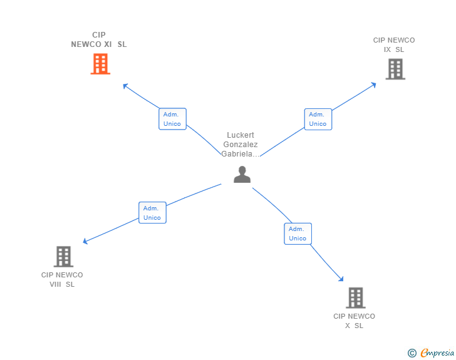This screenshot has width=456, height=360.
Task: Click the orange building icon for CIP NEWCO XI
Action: (x=100, y=64)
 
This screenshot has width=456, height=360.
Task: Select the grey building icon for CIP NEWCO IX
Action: (x=395, y=69)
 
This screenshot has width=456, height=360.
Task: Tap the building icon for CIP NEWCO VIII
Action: (x=63, y=256)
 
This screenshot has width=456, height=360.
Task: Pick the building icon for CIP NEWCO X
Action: (x=355, y=298)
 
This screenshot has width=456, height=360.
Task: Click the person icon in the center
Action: (x=242, y=175)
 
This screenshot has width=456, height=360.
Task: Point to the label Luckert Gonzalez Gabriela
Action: (x=241, y=145)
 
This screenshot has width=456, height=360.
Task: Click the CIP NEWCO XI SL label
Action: (x=99, y=39)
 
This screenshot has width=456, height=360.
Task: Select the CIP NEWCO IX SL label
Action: (x=394, y=45)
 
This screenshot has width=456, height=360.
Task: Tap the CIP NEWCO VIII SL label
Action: (x=62, y=279)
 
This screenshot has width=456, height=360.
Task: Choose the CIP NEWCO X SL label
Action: (x=354, y=321)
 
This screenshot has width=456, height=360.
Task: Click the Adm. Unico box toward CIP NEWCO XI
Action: (x=172, y=119)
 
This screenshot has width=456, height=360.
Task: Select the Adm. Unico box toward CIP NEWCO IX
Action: (x=318, y=119)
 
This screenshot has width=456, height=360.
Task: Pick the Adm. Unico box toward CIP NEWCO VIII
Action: (x=152, y=213)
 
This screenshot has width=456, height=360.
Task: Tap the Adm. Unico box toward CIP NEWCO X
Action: (x=298, y=234)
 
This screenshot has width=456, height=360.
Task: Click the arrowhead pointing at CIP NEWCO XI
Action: (x=125, y=86)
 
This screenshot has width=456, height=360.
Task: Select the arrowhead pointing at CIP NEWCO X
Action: (x=341, y=280)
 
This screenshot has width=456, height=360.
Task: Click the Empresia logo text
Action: (x=437, y=353)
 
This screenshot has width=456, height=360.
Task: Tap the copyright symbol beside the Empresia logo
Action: (x=412, y=354)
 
